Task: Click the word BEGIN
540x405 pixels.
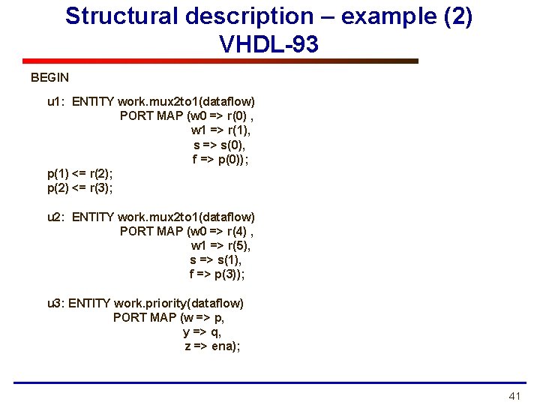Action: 49,77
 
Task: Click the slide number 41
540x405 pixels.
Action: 514,396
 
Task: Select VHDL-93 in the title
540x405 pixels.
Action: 268,44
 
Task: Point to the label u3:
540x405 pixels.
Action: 56,304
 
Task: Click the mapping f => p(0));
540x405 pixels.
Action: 220,159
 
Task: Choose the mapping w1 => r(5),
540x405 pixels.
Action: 221,246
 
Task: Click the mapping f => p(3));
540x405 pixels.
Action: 217,274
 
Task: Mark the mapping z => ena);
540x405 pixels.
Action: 212,346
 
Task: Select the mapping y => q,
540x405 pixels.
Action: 202,332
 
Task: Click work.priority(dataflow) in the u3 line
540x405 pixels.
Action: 178,304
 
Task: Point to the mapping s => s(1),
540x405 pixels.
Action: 216,260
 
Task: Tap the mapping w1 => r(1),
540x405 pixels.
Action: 221,130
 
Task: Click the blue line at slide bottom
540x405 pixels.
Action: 270,383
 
